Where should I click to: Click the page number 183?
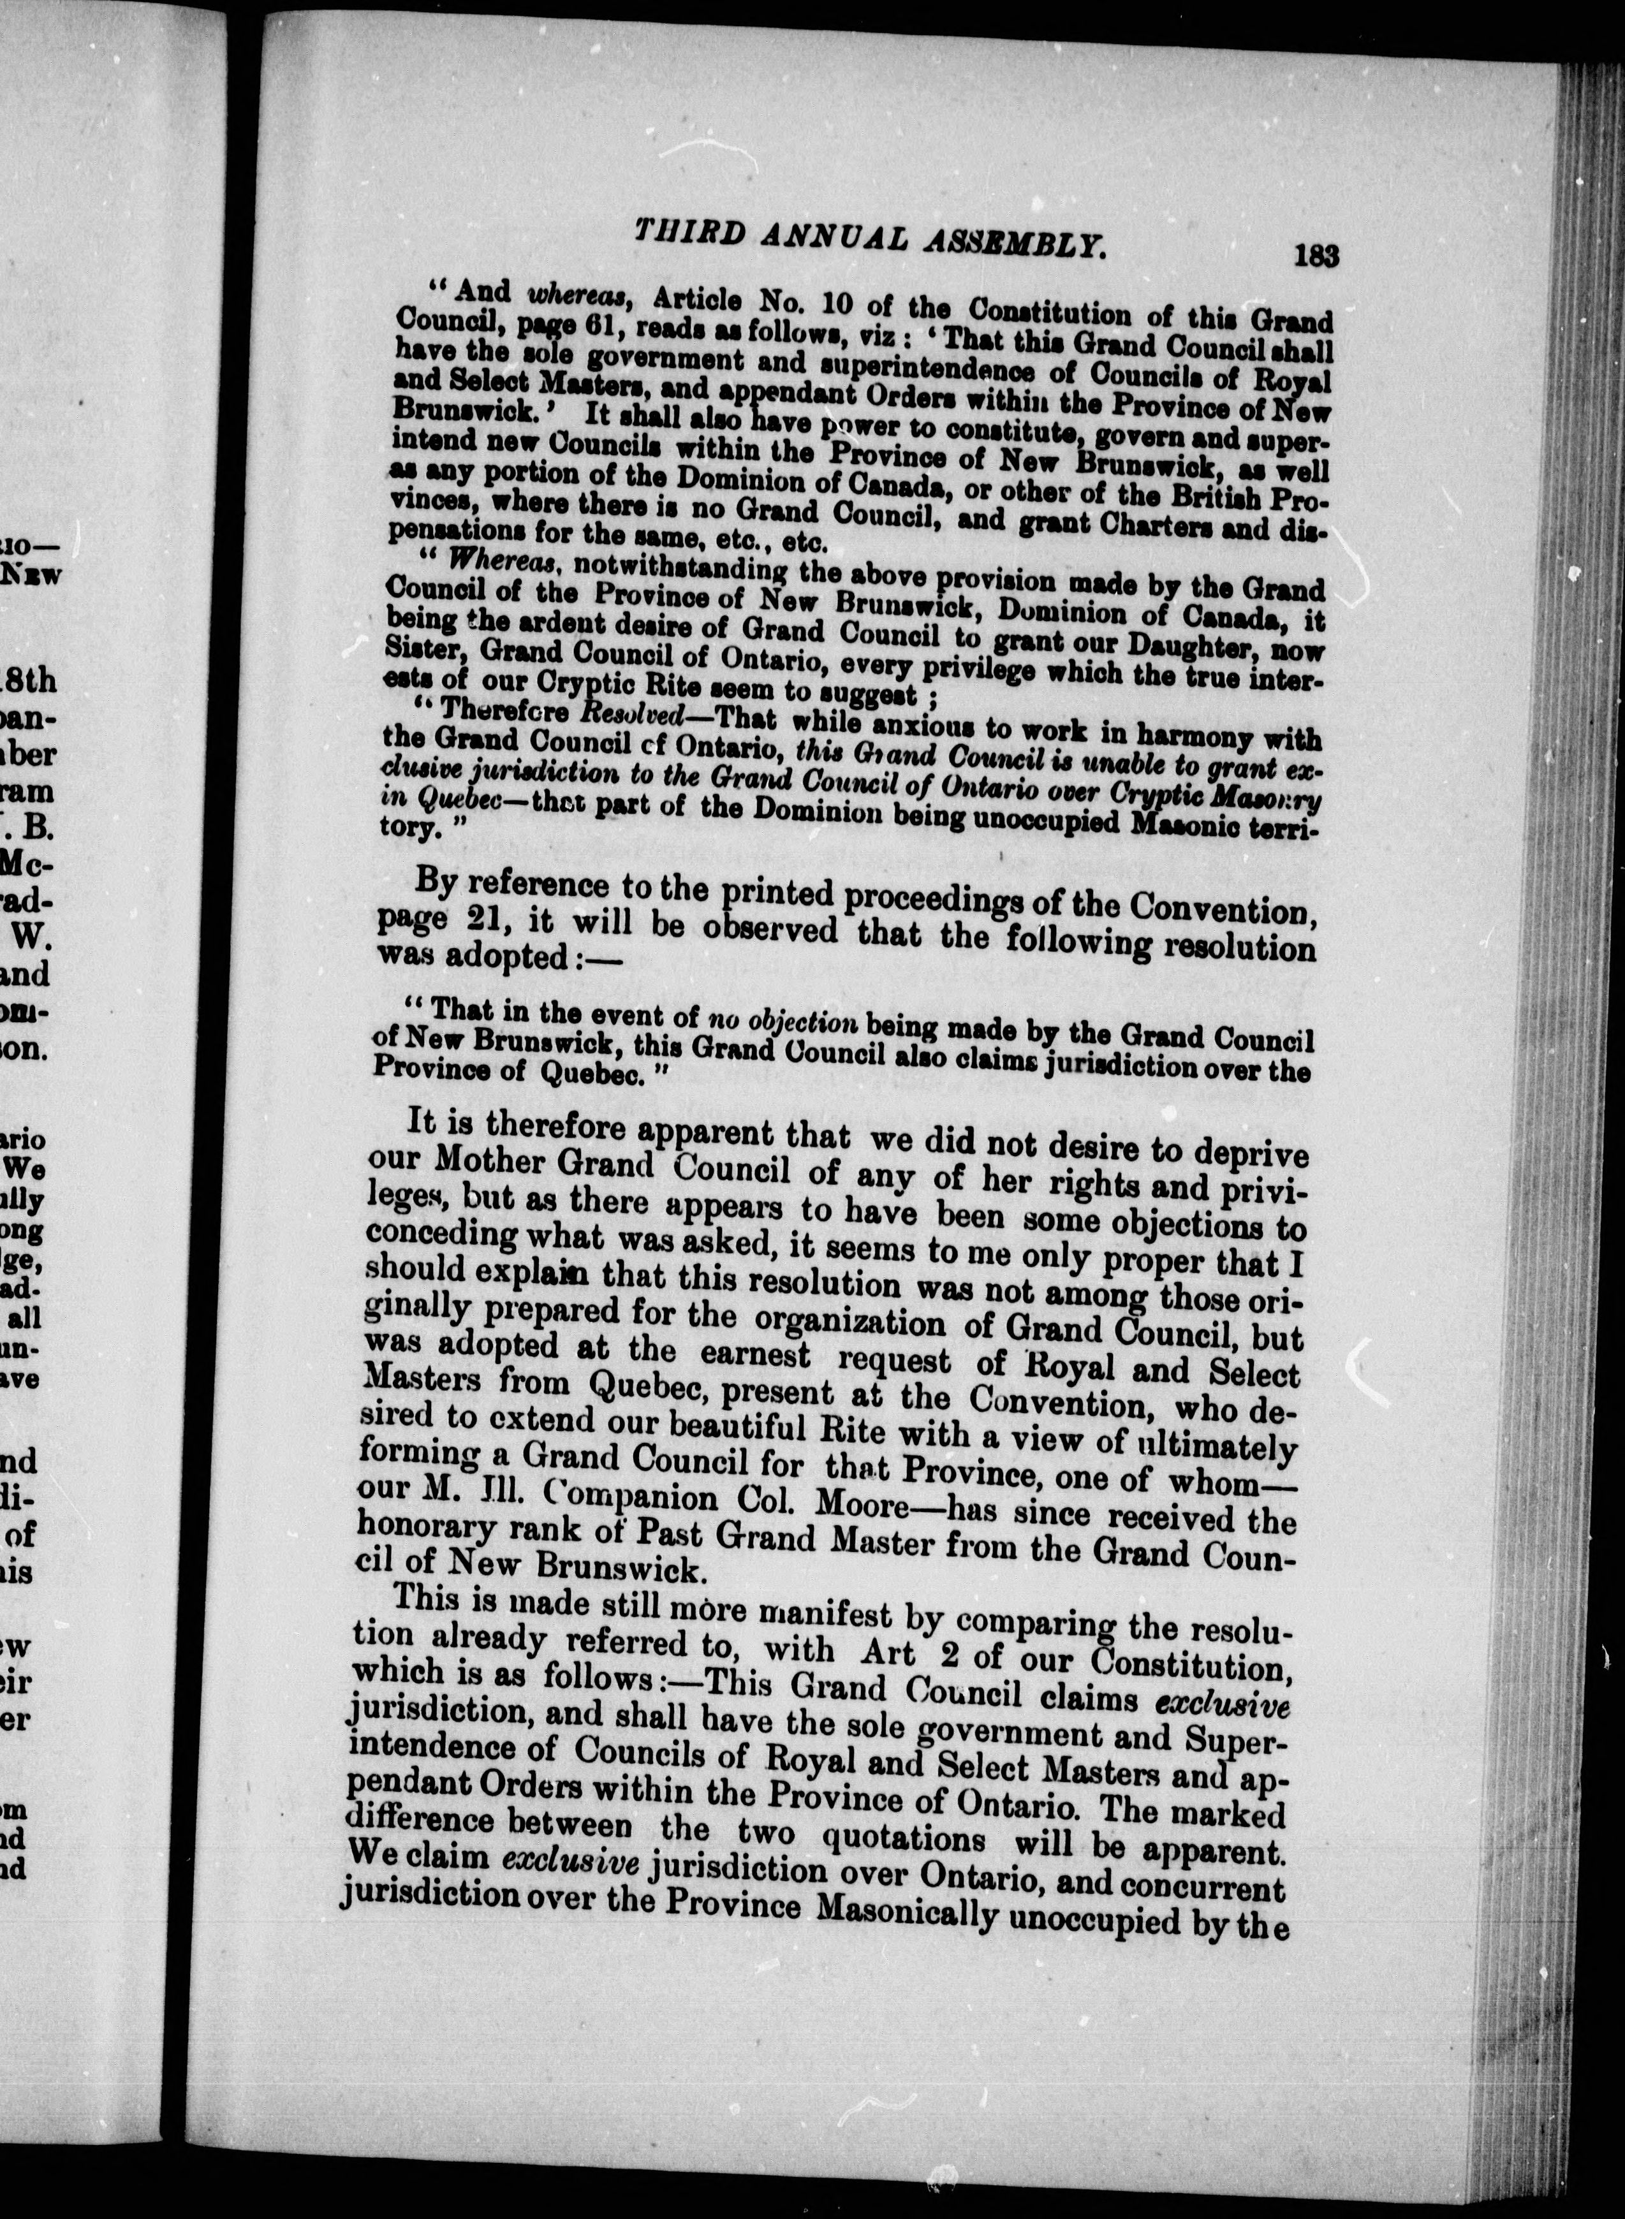click(1316, 257)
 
